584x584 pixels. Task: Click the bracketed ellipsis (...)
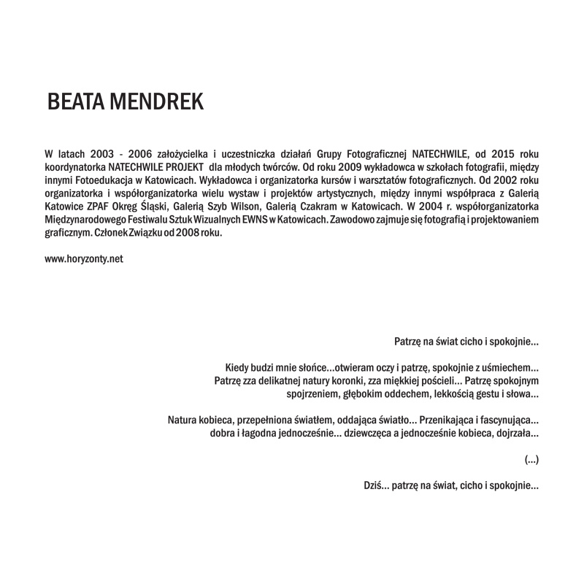[x=531, y=460]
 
